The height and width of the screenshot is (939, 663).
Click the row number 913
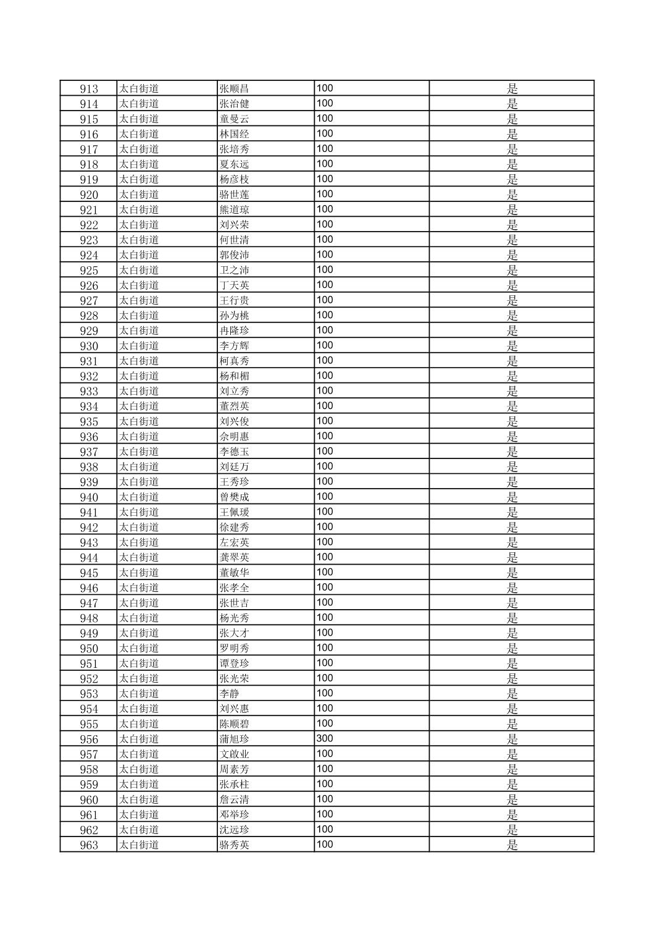coord(89,89)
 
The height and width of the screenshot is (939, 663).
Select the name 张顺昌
coord(235,89)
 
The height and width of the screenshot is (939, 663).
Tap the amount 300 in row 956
coord(325,739)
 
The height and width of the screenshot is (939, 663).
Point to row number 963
coord(89,845)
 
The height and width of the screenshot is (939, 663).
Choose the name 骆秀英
coord(235,845)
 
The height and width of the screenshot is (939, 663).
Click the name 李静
coord(230,694)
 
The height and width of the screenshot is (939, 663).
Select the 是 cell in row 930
coord(512,346)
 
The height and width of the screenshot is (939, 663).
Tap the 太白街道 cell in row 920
coord(139,195)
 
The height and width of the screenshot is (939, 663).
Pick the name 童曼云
coord(235,119)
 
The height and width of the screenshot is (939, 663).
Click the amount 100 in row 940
coord(325,497)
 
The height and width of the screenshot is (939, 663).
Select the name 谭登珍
coord(235,663)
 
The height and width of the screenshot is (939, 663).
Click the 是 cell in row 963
coord(512,845)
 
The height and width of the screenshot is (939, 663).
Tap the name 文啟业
coord(235,754)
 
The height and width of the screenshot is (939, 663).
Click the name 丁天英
coord(235,285)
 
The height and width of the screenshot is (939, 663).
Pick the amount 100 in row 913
coord(325,88)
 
